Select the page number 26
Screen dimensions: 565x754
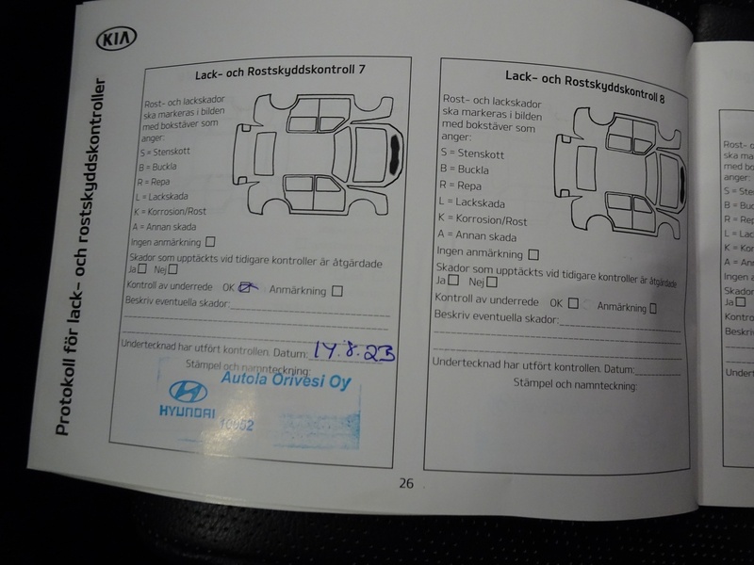(406, 483)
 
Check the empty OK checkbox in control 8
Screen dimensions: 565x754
(573, 303)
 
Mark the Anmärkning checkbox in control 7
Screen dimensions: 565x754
(337, 291)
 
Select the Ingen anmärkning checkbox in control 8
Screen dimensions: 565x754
(534, 254)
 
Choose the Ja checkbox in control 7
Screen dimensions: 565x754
(142, 269)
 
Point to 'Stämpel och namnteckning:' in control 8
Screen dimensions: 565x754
(575, 384)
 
